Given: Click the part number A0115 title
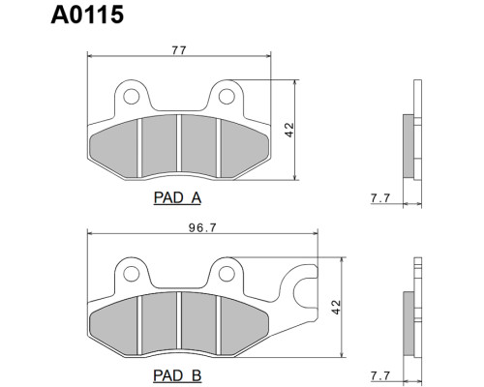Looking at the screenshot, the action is (x=87, y=15).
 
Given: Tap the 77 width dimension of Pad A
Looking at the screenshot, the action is (x=179, y=50).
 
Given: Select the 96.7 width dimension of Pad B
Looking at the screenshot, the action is (x=202, y=228).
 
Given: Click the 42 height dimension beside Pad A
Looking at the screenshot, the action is (x=289, y=130).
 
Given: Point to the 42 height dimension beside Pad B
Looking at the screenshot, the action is (x=336, y=307).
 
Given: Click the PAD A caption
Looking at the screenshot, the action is (x=177, y=197).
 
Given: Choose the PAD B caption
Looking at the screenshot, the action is (x=177, y=375).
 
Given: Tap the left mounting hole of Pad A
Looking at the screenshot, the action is (x=132, y=97).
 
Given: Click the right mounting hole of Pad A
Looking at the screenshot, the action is (x=227, y=97).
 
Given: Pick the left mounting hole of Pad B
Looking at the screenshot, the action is (x=132, y=274).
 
